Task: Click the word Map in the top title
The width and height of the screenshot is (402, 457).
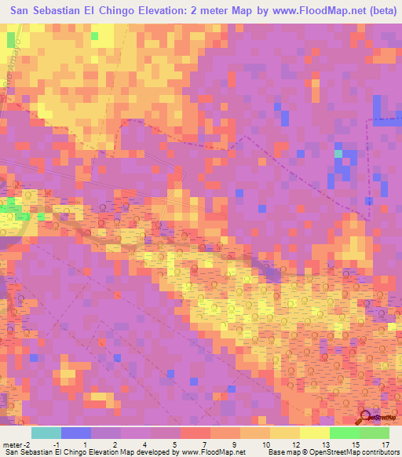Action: click(260, 9)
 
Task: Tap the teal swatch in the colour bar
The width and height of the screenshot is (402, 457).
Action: click(46, 433)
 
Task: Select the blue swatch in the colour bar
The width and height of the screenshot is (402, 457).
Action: click(76, 433)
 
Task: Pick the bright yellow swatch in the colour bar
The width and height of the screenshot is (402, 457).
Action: click(314, 433)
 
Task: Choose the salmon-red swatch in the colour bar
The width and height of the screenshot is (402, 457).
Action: click(196, 433)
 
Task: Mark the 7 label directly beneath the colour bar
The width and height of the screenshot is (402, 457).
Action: click(204, 444)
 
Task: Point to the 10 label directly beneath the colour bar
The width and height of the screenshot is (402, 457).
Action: click(264, 444)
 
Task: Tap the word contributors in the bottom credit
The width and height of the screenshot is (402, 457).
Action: click(378, 453)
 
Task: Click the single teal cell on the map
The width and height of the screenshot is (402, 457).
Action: click(339, 154)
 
